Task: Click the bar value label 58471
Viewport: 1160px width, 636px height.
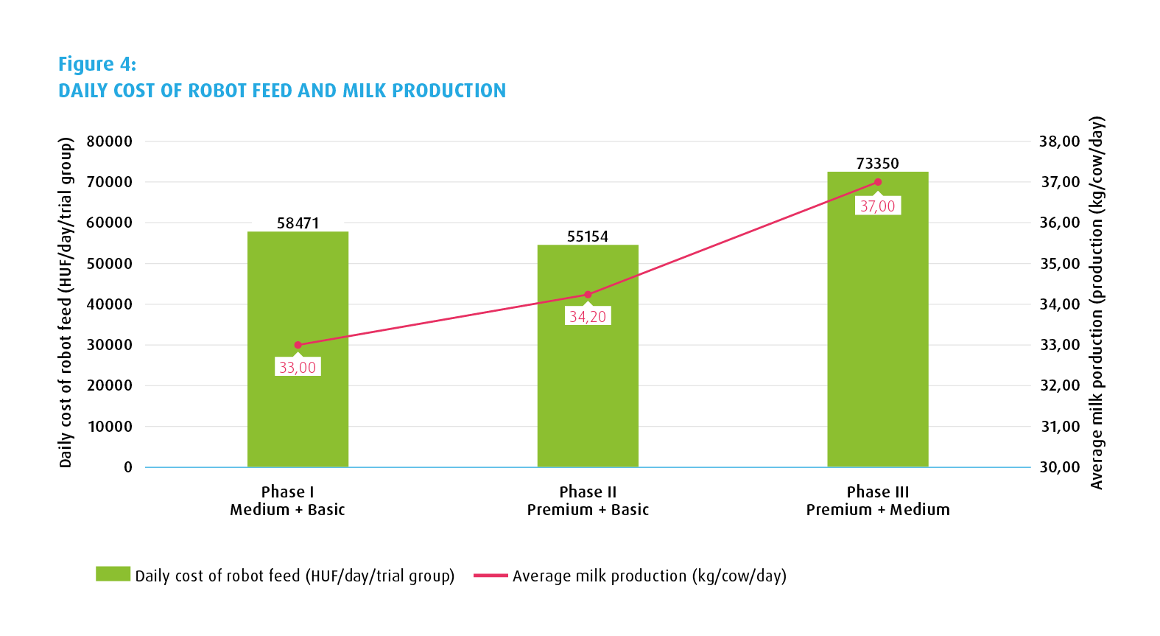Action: coord(298,223)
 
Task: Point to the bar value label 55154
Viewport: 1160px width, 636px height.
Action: coord(588,237)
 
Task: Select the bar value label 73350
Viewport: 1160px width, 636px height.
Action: coord(877,164)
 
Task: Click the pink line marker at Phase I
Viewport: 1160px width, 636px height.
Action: coord(298,345)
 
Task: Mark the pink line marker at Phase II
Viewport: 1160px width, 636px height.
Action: coord(588,295)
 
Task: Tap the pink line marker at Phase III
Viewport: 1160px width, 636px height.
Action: coord(878,182)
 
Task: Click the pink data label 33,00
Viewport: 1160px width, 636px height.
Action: coord(298,367)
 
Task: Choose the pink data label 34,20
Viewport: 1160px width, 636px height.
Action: coord(588,317)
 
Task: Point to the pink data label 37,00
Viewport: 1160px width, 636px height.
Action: coord(878,206)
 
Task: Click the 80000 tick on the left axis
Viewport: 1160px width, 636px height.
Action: coord(110,141)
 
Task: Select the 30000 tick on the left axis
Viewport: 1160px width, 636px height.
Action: coord(110,345)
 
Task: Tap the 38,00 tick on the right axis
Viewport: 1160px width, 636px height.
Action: coord(1059,141)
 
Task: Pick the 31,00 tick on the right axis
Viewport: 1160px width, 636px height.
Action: coord(1059,427)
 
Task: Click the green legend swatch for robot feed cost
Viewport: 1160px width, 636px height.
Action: coord(113,574)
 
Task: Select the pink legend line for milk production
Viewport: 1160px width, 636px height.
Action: coord(491,576)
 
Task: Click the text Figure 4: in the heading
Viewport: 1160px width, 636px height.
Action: coord(97,64)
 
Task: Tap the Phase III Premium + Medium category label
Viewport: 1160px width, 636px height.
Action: coord(877,501)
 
